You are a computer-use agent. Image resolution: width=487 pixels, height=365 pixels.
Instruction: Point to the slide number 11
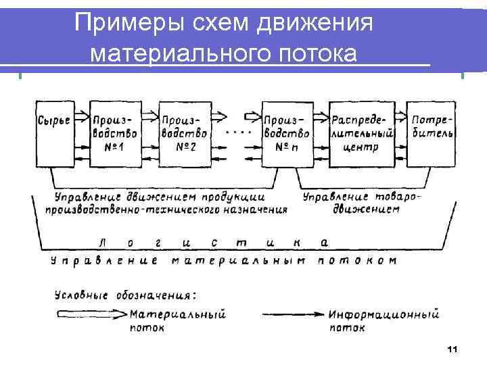(x=453, y=349)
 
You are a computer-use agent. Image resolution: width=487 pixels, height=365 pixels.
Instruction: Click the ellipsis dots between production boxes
(x=237, y=131)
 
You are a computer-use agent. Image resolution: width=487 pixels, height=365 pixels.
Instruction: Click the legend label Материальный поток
(x=177, y=321)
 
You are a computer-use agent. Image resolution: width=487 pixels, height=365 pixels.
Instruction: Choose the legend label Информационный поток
(x=384, y=321)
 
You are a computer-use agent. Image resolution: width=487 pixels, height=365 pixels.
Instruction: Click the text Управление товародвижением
(x=361, y=203)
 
